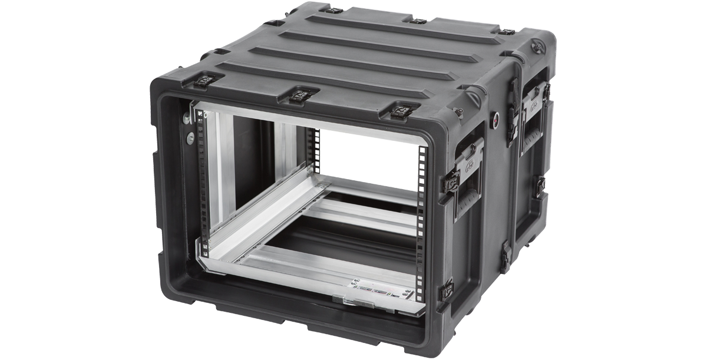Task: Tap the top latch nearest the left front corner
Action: click(x=206, y=80)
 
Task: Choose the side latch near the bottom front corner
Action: click(x=447, y=290)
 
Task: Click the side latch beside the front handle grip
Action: click(x=451, y=179)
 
